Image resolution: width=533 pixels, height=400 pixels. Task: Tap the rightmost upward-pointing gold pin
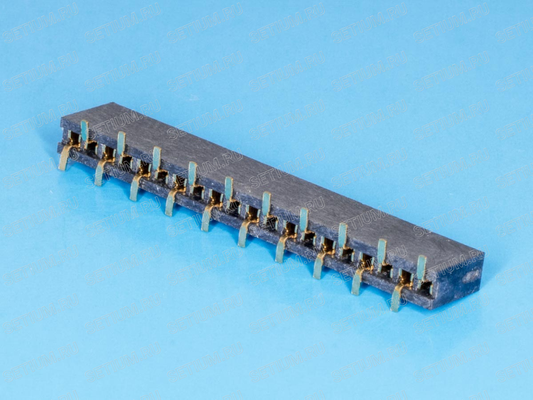(x=422, y=268)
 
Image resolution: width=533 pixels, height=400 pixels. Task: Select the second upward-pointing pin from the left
(x=121, y=143)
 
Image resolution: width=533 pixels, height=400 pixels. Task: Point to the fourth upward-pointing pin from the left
(x=193, y=173)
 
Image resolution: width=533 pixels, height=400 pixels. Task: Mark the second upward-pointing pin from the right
(x=382, y=252)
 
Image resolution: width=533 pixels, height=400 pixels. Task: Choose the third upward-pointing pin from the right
(x=342, y=236)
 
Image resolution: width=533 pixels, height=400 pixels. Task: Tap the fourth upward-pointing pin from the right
(x=303, y=220)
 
